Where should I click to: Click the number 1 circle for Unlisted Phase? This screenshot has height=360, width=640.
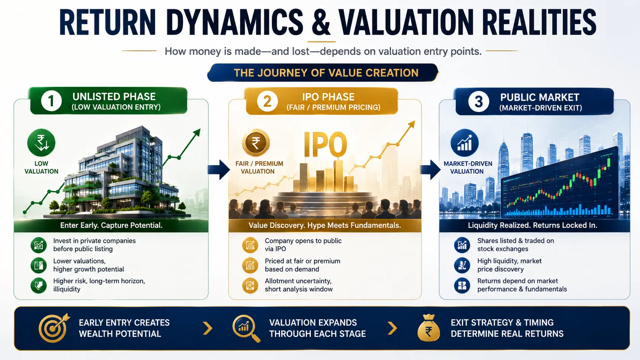(x=51, y=101)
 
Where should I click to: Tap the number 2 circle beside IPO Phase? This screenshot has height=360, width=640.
(x=267, y=101)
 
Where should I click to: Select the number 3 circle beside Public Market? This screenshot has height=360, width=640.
(x=478, y=102)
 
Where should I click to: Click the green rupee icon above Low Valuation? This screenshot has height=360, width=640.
(x=41, y=142)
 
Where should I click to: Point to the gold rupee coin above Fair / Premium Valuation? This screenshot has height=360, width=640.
(x=256, y=143)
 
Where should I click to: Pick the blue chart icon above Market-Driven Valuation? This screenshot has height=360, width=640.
(x=465, y=143)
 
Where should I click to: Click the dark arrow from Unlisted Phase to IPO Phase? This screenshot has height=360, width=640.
(x=219, y=169)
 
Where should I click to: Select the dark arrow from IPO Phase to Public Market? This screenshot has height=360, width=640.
(x=430, y=169)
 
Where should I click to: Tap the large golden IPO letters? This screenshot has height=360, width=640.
(x=325, y=145)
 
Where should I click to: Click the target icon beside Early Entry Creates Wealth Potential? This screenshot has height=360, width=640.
(x=54, y=328)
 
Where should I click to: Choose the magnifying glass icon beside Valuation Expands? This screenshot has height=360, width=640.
(x=246, y=328)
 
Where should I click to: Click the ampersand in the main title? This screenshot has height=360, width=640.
(x=321, y=22)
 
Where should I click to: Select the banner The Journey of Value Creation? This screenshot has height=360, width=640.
(x=323, y=73)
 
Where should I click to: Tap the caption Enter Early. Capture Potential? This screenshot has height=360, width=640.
(x=111, y=225)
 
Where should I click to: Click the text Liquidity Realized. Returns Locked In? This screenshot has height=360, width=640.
(x=532, y=225)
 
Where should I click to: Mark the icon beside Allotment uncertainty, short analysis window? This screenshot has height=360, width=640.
(x=250, y=285)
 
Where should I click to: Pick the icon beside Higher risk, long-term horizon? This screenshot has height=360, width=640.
(x=39, y=285)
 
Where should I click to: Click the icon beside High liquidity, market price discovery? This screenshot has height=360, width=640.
(x=462, y=265)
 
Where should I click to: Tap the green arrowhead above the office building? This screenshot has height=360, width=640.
(x=197, y=132)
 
